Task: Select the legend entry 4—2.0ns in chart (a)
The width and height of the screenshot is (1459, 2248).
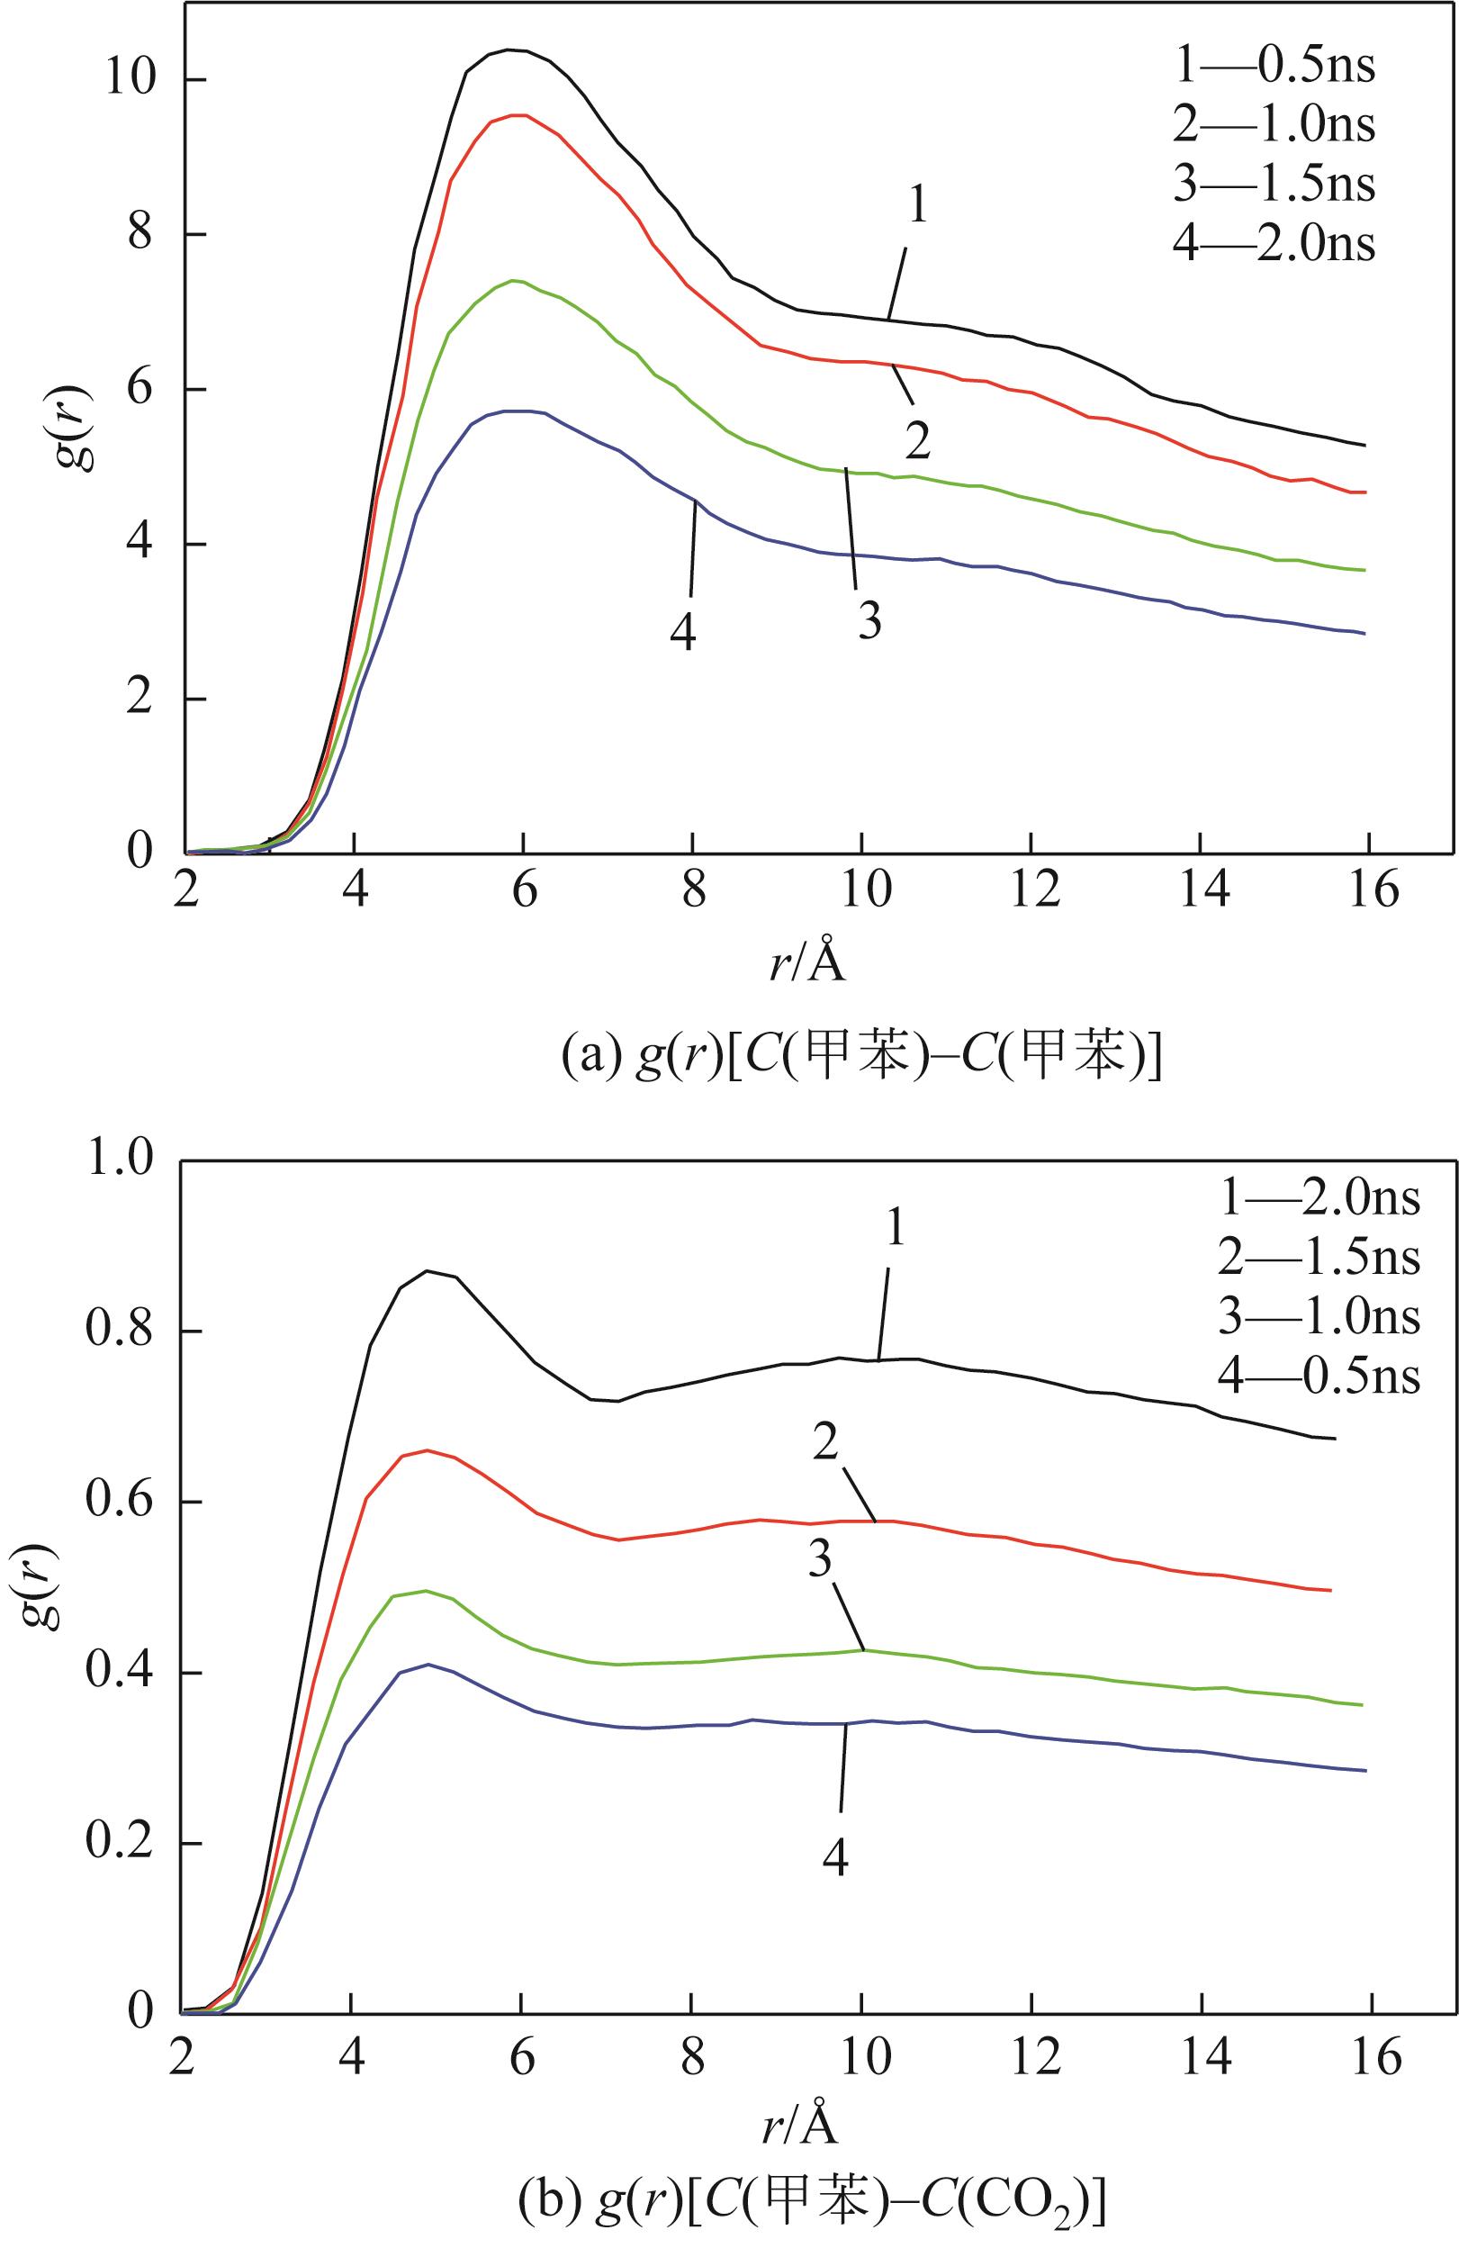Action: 1273,244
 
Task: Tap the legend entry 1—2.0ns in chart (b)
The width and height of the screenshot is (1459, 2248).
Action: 1319,1198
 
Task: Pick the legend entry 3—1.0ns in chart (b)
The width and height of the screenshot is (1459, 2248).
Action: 1319,1317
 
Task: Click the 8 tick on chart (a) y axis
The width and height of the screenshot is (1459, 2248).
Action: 140,234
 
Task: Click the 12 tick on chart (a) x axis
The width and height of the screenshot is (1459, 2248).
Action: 1031,889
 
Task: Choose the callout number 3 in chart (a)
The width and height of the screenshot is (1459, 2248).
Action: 869,620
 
